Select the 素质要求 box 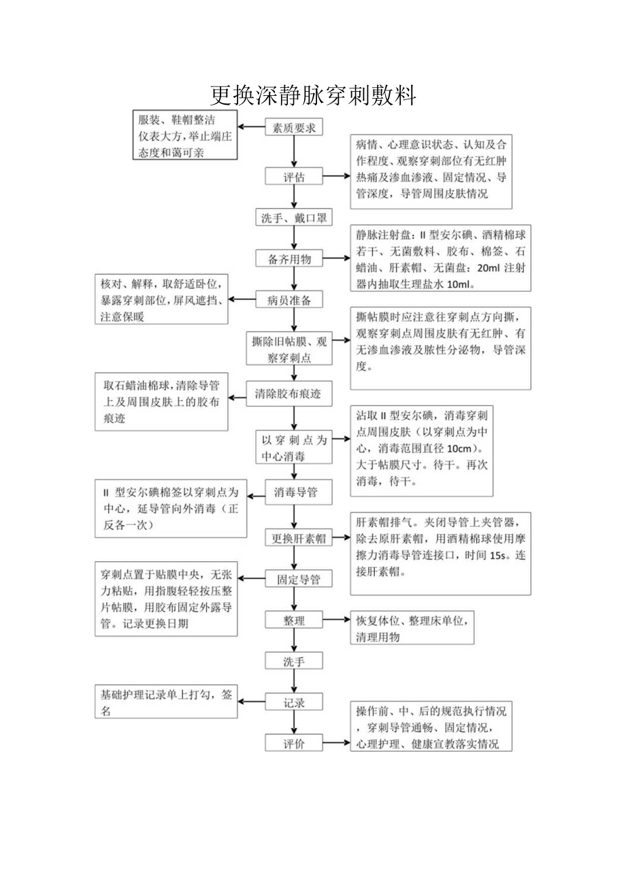(x=293, y=128)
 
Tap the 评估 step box (x=293, y=177)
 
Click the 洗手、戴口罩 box (x=293, y=218)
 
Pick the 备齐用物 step (x=293, y=259)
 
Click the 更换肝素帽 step (x=298, y=539)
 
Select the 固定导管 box (x=298, y=580)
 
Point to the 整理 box (x=294, y=620)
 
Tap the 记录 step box (x=294, y=703)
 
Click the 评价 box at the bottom (x=294, y=744)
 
